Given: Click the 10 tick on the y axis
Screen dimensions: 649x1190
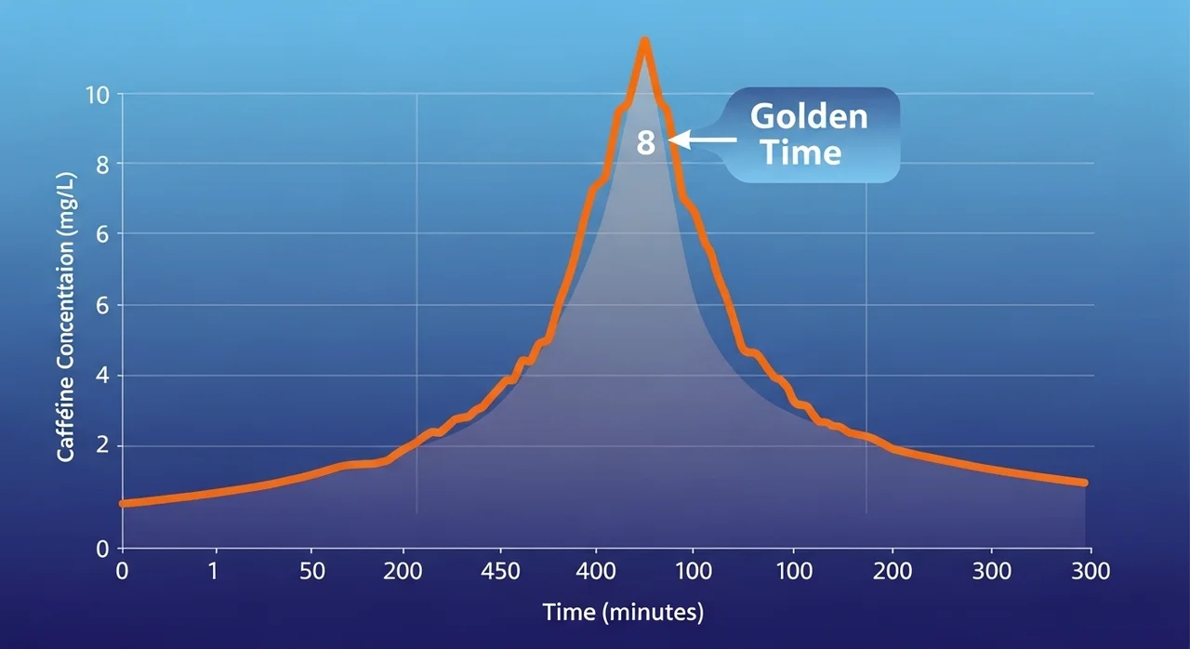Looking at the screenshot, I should [98, 94].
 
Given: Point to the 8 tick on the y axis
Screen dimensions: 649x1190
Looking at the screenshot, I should [102, 165].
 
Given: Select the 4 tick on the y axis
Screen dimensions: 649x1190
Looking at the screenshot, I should [102, 376].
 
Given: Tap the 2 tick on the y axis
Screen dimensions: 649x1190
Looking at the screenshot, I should [102, 446].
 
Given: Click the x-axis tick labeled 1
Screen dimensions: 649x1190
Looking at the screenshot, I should [215, 571].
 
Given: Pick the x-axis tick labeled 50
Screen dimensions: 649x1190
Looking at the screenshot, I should [312, 571].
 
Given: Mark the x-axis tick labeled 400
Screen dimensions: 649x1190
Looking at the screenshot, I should [597, 571].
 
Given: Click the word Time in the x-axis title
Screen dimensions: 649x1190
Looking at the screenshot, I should [568, 613].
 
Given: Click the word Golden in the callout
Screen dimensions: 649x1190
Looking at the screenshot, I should [808, 116].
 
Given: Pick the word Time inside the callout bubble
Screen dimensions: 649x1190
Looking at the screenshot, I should [800, 151].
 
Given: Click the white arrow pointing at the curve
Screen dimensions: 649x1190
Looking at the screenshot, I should [702, 140].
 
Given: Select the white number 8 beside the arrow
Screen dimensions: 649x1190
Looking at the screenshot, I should [646, 143].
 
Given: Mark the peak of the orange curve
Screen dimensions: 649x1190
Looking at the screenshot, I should [643, 41].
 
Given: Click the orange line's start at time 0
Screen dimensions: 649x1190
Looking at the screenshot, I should [123, 503].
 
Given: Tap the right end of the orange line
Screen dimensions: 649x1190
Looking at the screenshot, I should [1084, 483].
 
